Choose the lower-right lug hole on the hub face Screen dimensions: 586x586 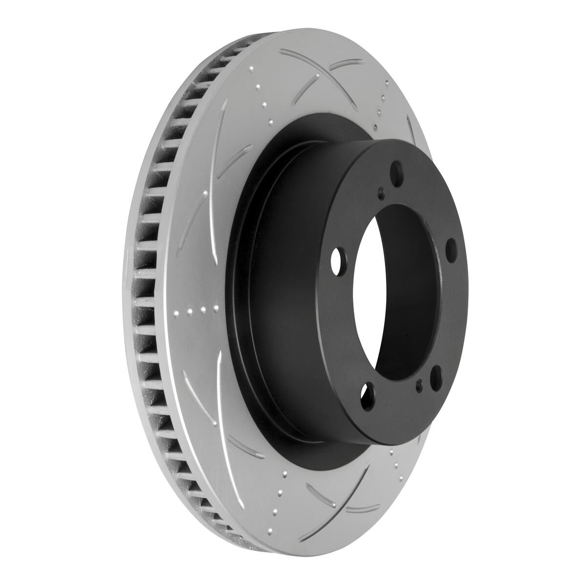click(436, 377)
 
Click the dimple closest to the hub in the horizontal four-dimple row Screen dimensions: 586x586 click(215, 309)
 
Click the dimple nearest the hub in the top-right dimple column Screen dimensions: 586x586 click(375, 128)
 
